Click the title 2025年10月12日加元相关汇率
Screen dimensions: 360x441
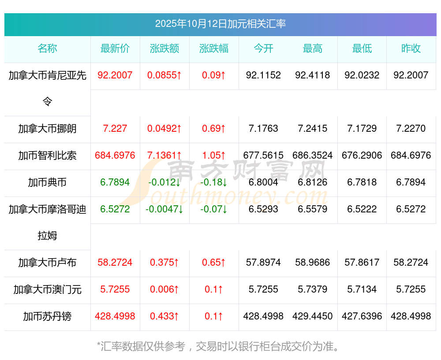pos(220,23)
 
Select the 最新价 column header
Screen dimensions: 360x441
pos(115,48)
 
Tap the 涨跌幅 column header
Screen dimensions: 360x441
pos(214,48)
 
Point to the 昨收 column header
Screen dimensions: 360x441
pos(411,48)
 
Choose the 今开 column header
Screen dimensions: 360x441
pos(263,48)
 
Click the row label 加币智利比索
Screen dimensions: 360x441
pos(47,156)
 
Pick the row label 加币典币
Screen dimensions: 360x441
pos(47,182)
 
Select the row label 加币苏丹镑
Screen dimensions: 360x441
pos(47,316)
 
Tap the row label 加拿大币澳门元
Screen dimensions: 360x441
pos(47,289)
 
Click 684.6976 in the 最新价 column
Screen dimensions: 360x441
pos(115,156)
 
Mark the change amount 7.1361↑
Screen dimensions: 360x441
pos(164,156)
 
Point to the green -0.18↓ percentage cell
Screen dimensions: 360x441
pos(214,182)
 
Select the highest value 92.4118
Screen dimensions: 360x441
pos(313,75)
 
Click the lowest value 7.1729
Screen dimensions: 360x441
pos(362,129)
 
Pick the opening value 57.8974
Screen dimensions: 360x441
pos(263,263)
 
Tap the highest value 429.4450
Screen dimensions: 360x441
pos(313,316)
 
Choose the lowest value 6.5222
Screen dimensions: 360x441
pos(362,209)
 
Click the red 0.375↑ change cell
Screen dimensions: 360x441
pos(164,263)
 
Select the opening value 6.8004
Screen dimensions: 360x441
pos(263,182)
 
